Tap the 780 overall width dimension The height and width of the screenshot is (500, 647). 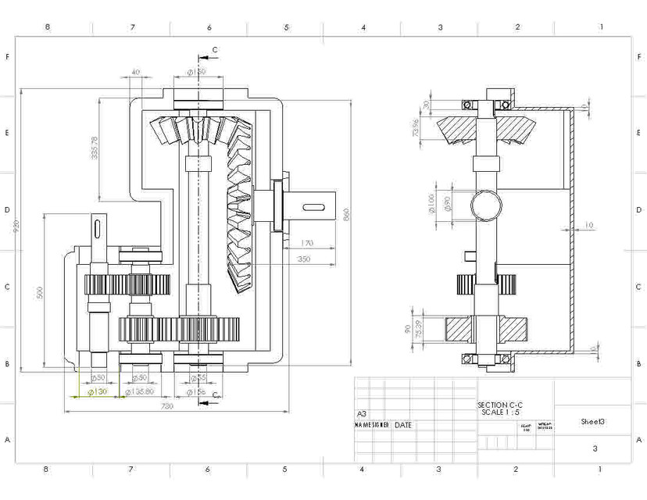(166, 406)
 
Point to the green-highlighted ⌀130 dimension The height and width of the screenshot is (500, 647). (97, 391)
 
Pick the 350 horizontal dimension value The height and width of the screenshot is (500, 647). (304, 259)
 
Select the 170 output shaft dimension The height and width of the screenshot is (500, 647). (306, 244)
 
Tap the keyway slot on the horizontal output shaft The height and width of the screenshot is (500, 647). (313, 206)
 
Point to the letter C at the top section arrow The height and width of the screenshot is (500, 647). (216, 49)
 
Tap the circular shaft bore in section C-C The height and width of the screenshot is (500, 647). (486, 205)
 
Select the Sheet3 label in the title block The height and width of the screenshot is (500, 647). (593, 421)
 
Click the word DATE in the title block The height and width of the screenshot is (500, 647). (403, 425)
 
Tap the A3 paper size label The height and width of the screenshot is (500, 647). (361, 414)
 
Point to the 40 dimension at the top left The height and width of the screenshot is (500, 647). (136, 72)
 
